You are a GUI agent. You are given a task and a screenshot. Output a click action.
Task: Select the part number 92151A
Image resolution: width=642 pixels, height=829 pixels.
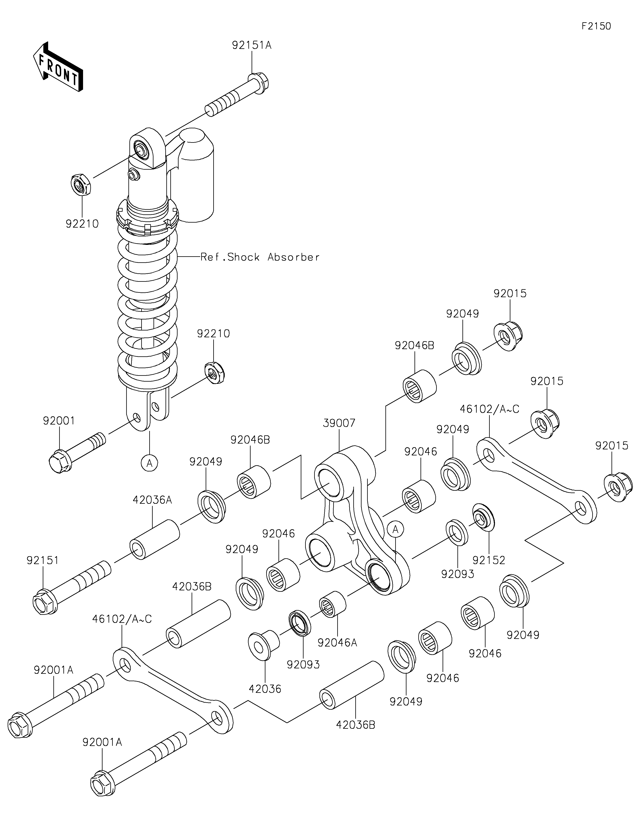(x=252, y=46)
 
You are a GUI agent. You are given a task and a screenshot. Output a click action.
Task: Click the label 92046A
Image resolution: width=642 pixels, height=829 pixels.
(x=337, y=643)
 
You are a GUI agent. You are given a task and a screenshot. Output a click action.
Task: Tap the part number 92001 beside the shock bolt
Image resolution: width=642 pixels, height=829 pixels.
(x=59, y=421)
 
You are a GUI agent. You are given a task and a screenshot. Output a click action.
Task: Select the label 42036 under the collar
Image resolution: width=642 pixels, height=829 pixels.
(x=265, y=689)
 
